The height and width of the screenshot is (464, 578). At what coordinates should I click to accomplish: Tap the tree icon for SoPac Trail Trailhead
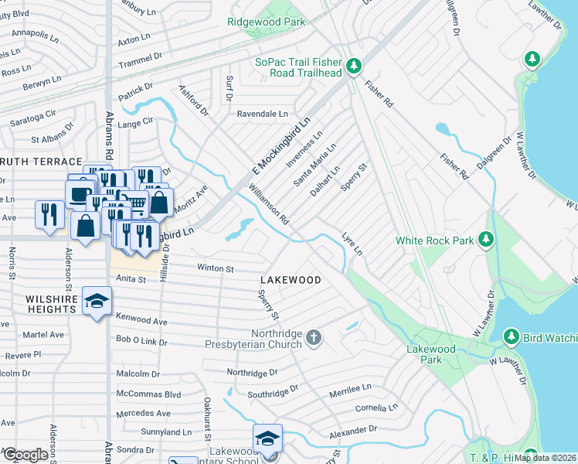[x=354, y=67]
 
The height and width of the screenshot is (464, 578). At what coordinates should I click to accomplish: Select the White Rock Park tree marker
[x=486, y=241]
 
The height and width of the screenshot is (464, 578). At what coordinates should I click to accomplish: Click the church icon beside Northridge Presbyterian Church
[x=313, y=337]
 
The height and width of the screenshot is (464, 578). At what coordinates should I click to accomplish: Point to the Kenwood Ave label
[x=141, y=319]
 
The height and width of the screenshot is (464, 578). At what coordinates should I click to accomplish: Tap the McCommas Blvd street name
[x=148, y=394]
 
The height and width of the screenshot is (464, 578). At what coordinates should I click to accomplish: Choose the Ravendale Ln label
[x=262, y=114]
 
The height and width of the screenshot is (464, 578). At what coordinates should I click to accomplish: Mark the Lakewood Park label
[x=427, y=355]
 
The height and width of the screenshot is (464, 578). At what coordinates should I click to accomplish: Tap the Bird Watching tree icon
[x=511, y=337]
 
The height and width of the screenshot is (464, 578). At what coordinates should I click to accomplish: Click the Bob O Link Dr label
[x=141, y=339]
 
